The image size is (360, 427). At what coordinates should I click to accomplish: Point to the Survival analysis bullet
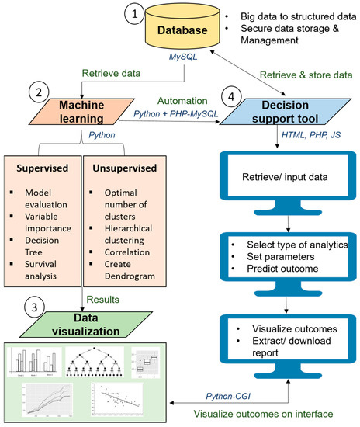(x=51, y=267)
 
